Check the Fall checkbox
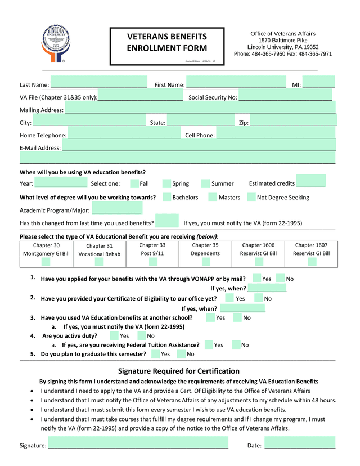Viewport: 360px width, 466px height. tap(135, 183)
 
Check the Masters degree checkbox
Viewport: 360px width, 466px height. tap(213, 197)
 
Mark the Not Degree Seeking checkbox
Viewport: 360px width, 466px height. tap(251, 197)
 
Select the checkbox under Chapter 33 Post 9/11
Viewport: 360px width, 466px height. tap(152, 261)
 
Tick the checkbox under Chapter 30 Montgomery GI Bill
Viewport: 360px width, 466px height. tap(46, 261)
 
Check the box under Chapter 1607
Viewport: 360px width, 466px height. tap(312, 261)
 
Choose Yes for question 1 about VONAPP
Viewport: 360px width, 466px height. tap(257, 278)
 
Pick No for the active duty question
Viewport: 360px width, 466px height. tap(142, 335)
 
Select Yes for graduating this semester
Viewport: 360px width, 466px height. tap(156, 353)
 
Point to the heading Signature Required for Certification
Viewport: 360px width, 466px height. tap(179, 371)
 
